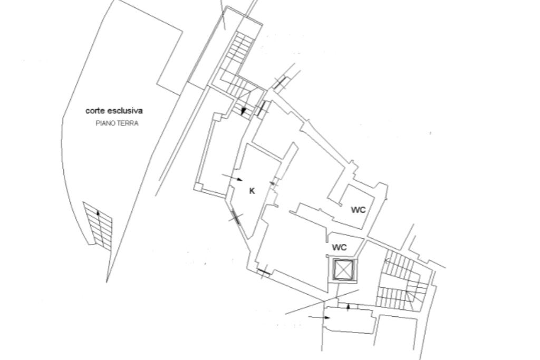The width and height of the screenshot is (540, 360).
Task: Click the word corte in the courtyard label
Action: tap(95, 111)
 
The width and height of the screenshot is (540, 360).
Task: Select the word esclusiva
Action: tap(125, 111)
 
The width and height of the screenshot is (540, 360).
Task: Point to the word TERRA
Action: tap(128, 124)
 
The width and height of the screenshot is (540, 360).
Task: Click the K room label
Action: tap(252, 191)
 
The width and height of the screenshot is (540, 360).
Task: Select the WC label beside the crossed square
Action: tap(339, 247)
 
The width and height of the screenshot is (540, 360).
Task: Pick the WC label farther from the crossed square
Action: tap(358, 210)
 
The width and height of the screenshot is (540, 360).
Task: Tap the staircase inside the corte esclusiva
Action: tap(99, 224)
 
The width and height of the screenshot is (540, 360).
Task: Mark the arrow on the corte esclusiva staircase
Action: tap(98, 213)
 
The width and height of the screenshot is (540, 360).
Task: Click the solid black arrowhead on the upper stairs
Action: tap(243, 111)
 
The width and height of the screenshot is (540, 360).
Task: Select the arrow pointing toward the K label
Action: tap(228, 177)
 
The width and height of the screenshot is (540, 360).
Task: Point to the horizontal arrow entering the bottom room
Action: tap(319, 317)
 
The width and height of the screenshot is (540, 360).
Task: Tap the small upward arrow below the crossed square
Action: tap(348, 306)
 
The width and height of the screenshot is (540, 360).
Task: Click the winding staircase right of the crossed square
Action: tap(404, 282)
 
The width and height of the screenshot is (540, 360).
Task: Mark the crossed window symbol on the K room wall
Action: tap(235, 217)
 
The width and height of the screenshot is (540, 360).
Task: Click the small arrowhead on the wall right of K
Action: tap(273, 183)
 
